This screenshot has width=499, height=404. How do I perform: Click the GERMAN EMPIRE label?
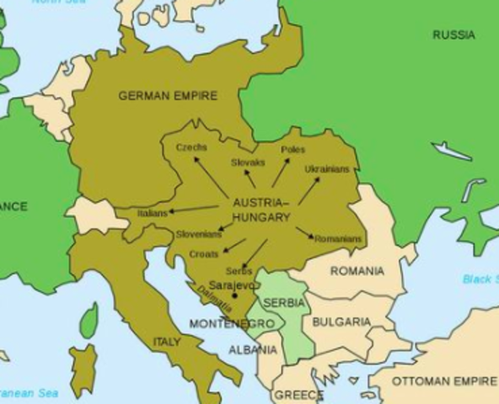tap(168, 96)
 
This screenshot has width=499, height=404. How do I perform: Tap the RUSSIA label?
tap(453, 35)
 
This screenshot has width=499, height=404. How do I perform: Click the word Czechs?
tap(191, 146)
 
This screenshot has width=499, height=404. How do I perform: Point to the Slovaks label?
tap(248, 162)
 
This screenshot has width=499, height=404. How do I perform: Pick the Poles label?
tap(293, 149)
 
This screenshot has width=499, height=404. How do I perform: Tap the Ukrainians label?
tap(327, 168)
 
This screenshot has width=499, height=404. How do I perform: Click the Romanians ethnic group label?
tap(338, 239)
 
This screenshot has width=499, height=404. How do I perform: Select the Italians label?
tap(153, 214)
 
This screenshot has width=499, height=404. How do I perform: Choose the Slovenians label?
tap(199, 234)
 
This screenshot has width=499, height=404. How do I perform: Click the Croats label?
tap(205, 253)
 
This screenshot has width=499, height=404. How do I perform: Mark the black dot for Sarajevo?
tap(234, 296)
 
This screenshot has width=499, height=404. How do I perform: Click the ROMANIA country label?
tap(357, 271)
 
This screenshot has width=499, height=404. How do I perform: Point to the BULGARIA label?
tap(341, 322)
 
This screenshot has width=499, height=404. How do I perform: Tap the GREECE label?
tap(298, 395)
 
